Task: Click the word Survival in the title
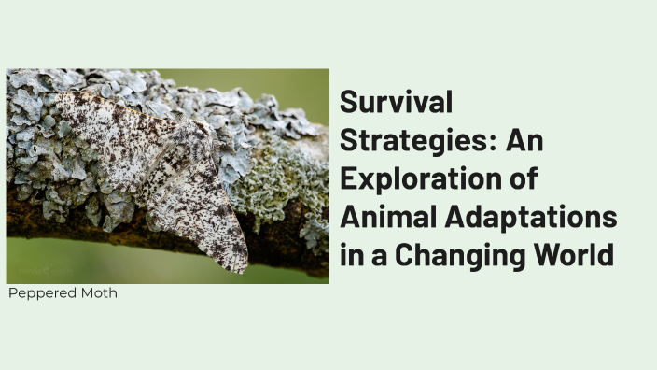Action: (x=396, y=102)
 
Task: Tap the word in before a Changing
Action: (x=351, y=255)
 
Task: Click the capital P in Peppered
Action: (x=12, y=293)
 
